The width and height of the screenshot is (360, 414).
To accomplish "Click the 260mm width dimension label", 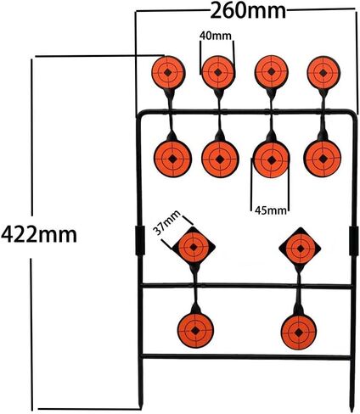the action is [248, 11].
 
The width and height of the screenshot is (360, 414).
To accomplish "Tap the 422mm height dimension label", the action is [39, 235].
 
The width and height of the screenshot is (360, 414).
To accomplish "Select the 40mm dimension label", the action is [216, 36].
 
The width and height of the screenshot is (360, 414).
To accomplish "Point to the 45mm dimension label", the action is [270, 210].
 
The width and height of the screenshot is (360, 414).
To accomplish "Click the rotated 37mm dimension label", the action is [167, 223].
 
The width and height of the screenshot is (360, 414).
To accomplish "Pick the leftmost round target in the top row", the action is [168, 72].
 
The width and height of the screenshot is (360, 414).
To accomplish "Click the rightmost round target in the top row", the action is [323, 73].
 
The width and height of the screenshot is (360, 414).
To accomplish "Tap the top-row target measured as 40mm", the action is [218, 72].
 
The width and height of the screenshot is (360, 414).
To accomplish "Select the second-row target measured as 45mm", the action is [272, 160].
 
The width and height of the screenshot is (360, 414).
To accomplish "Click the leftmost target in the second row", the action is [172, 159].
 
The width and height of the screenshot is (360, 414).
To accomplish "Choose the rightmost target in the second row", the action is [323, 159].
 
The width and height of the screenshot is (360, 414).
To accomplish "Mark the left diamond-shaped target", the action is [194, 247].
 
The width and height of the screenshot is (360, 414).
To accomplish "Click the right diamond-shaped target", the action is [300, 248].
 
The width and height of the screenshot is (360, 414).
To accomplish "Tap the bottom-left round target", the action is [195, 330].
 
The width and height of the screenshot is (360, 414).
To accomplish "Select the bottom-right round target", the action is [299, 332].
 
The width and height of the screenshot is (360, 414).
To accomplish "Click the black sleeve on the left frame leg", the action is [139, 240].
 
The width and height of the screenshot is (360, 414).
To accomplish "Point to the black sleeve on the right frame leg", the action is [353, 240].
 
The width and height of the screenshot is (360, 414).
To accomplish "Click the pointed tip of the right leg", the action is [351, 411].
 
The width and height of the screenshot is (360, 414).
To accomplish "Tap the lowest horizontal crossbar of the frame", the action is [246, 357].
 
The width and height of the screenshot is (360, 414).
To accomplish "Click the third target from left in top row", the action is [272, 71].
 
